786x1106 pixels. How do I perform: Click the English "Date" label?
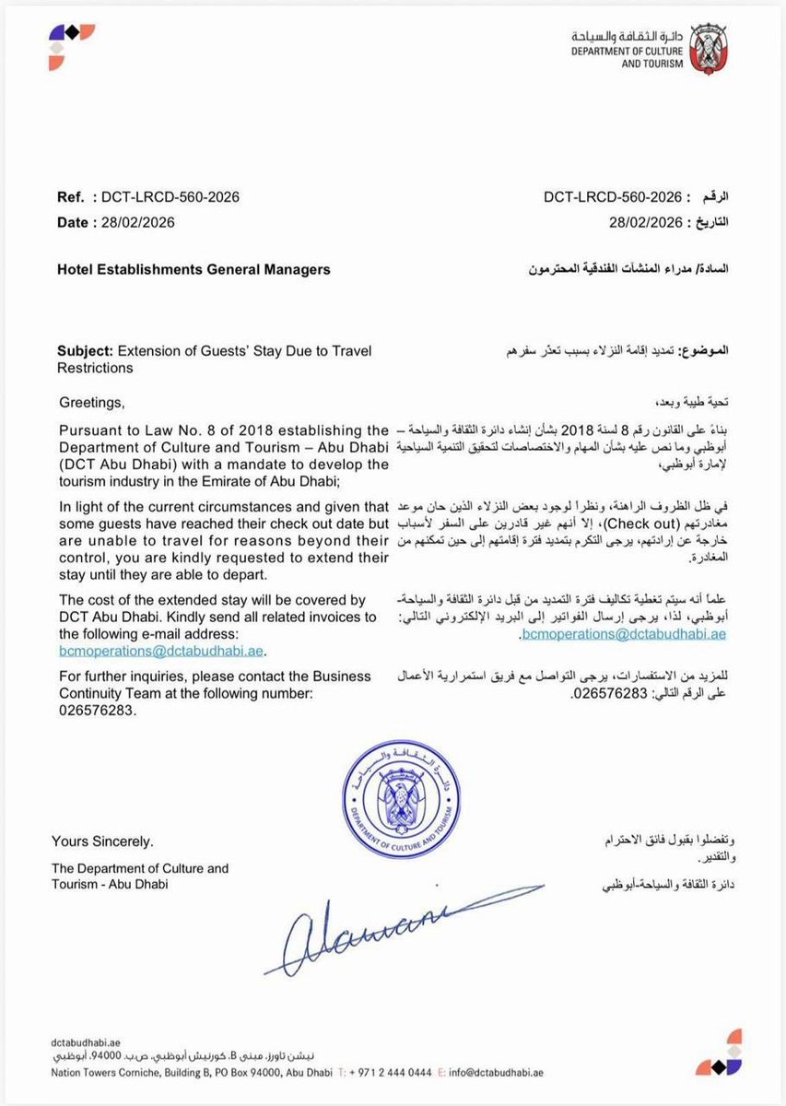tap(73, 222)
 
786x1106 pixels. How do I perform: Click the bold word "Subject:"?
tap(86, 351)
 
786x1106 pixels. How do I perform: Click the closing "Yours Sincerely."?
tap(103, 841)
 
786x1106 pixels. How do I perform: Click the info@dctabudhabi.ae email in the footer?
tap(496, 1073)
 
